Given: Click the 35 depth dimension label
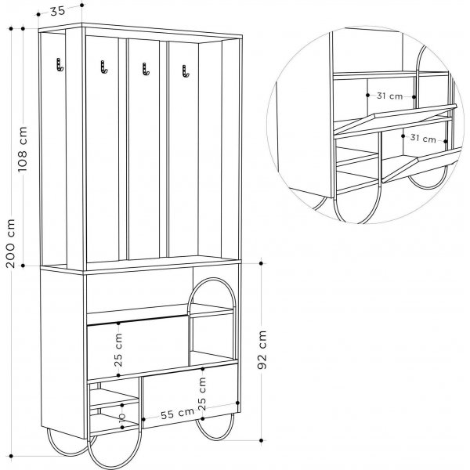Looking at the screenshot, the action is pos(57,11).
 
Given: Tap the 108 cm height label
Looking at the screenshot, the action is pos(23,150).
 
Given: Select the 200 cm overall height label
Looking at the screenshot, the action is pos(10,243).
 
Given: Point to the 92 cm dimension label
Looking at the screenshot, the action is pos(262,349).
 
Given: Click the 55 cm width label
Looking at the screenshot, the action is pos(178,414).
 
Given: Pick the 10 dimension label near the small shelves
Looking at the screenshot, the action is pos(122,417).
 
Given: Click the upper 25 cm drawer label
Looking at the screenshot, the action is pos(119,350).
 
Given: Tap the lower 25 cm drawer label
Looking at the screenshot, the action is pos(202,393).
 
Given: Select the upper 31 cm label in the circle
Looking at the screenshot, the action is pos(390,96).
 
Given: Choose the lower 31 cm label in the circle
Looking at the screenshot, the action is pos(423,138).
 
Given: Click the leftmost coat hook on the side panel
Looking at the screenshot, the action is pos(60,65).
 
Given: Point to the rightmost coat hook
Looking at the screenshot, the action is pos(186,71).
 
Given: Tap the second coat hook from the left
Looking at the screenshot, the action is pos(103,67).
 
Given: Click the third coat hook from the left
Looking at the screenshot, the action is pos(146,69).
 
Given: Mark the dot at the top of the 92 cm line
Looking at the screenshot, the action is pos(261,263).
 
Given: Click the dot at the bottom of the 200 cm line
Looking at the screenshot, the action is pos(11,456).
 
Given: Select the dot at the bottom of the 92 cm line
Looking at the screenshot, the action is pos(261,440).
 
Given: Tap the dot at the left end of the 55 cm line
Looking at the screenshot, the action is pos(143,419).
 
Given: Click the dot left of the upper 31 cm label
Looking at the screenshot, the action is pos(368,95).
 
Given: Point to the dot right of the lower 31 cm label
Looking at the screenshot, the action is pos(446,141).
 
